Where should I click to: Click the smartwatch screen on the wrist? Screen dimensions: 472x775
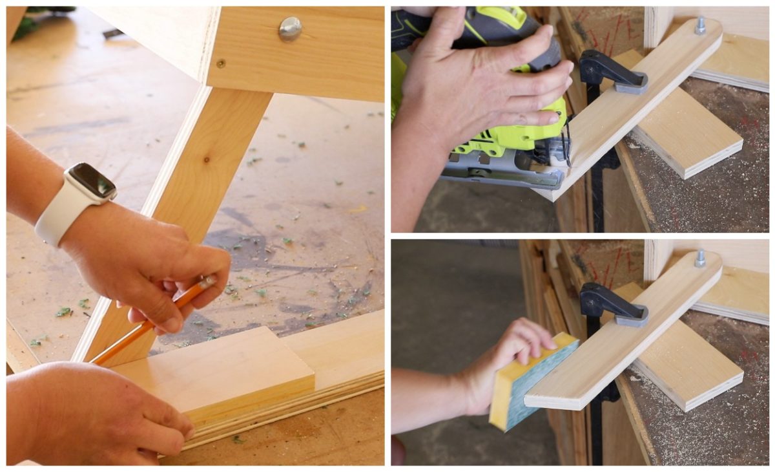point(92,181)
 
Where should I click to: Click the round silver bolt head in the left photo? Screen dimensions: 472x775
point(290,28)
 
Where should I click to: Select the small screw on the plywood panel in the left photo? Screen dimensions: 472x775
point(221,63)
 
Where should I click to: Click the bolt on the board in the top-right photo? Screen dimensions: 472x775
point(699,25)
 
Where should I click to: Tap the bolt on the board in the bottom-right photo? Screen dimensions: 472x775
point(699,258)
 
